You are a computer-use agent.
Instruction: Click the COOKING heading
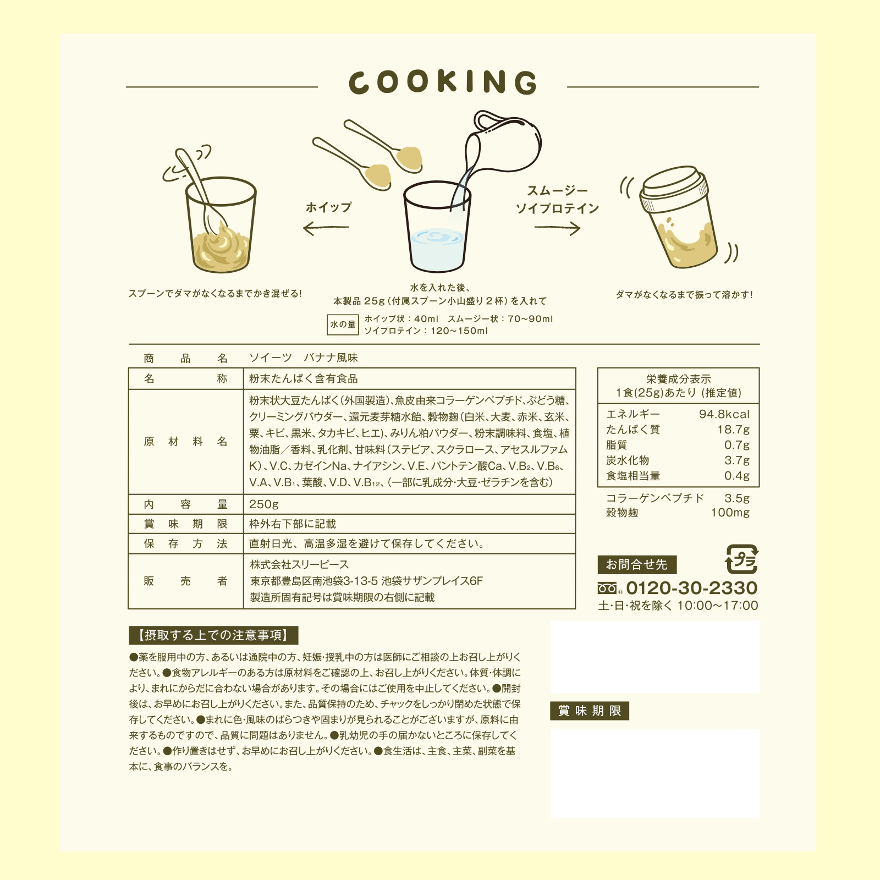coord(443,82)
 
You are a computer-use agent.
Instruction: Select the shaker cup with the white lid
coord(679,217)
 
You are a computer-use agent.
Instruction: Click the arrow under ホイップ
coord(326,228)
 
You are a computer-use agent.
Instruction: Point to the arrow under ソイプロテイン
coord(557,228)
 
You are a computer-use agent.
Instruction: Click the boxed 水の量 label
coord(343,324)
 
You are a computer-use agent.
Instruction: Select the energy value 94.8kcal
coord(724,414)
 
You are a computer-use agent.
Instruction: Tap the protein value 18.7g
coord(733,430)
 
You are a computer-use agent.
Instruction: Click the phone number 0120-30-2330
coord(691,588)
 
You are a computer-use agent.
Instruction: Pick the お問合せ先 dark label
coord(637,564)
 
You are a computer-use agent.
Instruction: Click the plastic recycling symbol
coord(742,559)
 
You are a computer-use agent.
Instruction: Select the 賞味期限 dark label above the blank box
coord(590,711)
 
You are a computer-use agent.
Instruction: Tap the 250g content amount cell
coord(264,504)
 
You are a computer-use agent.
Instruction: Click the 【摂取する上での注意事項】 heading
coord(213,635)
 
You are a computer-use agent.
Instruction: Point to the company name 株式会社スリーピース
coord(299,565)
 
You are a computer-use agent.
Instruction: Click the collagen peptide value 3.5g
coord(737,498)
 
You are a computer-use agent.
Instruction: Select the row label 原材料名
coord(185,442)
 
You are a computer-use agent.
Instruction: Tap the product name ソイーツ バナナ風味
coord(303,358)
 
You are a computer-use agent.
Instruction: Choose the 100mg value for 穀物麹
coord(730,513)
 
